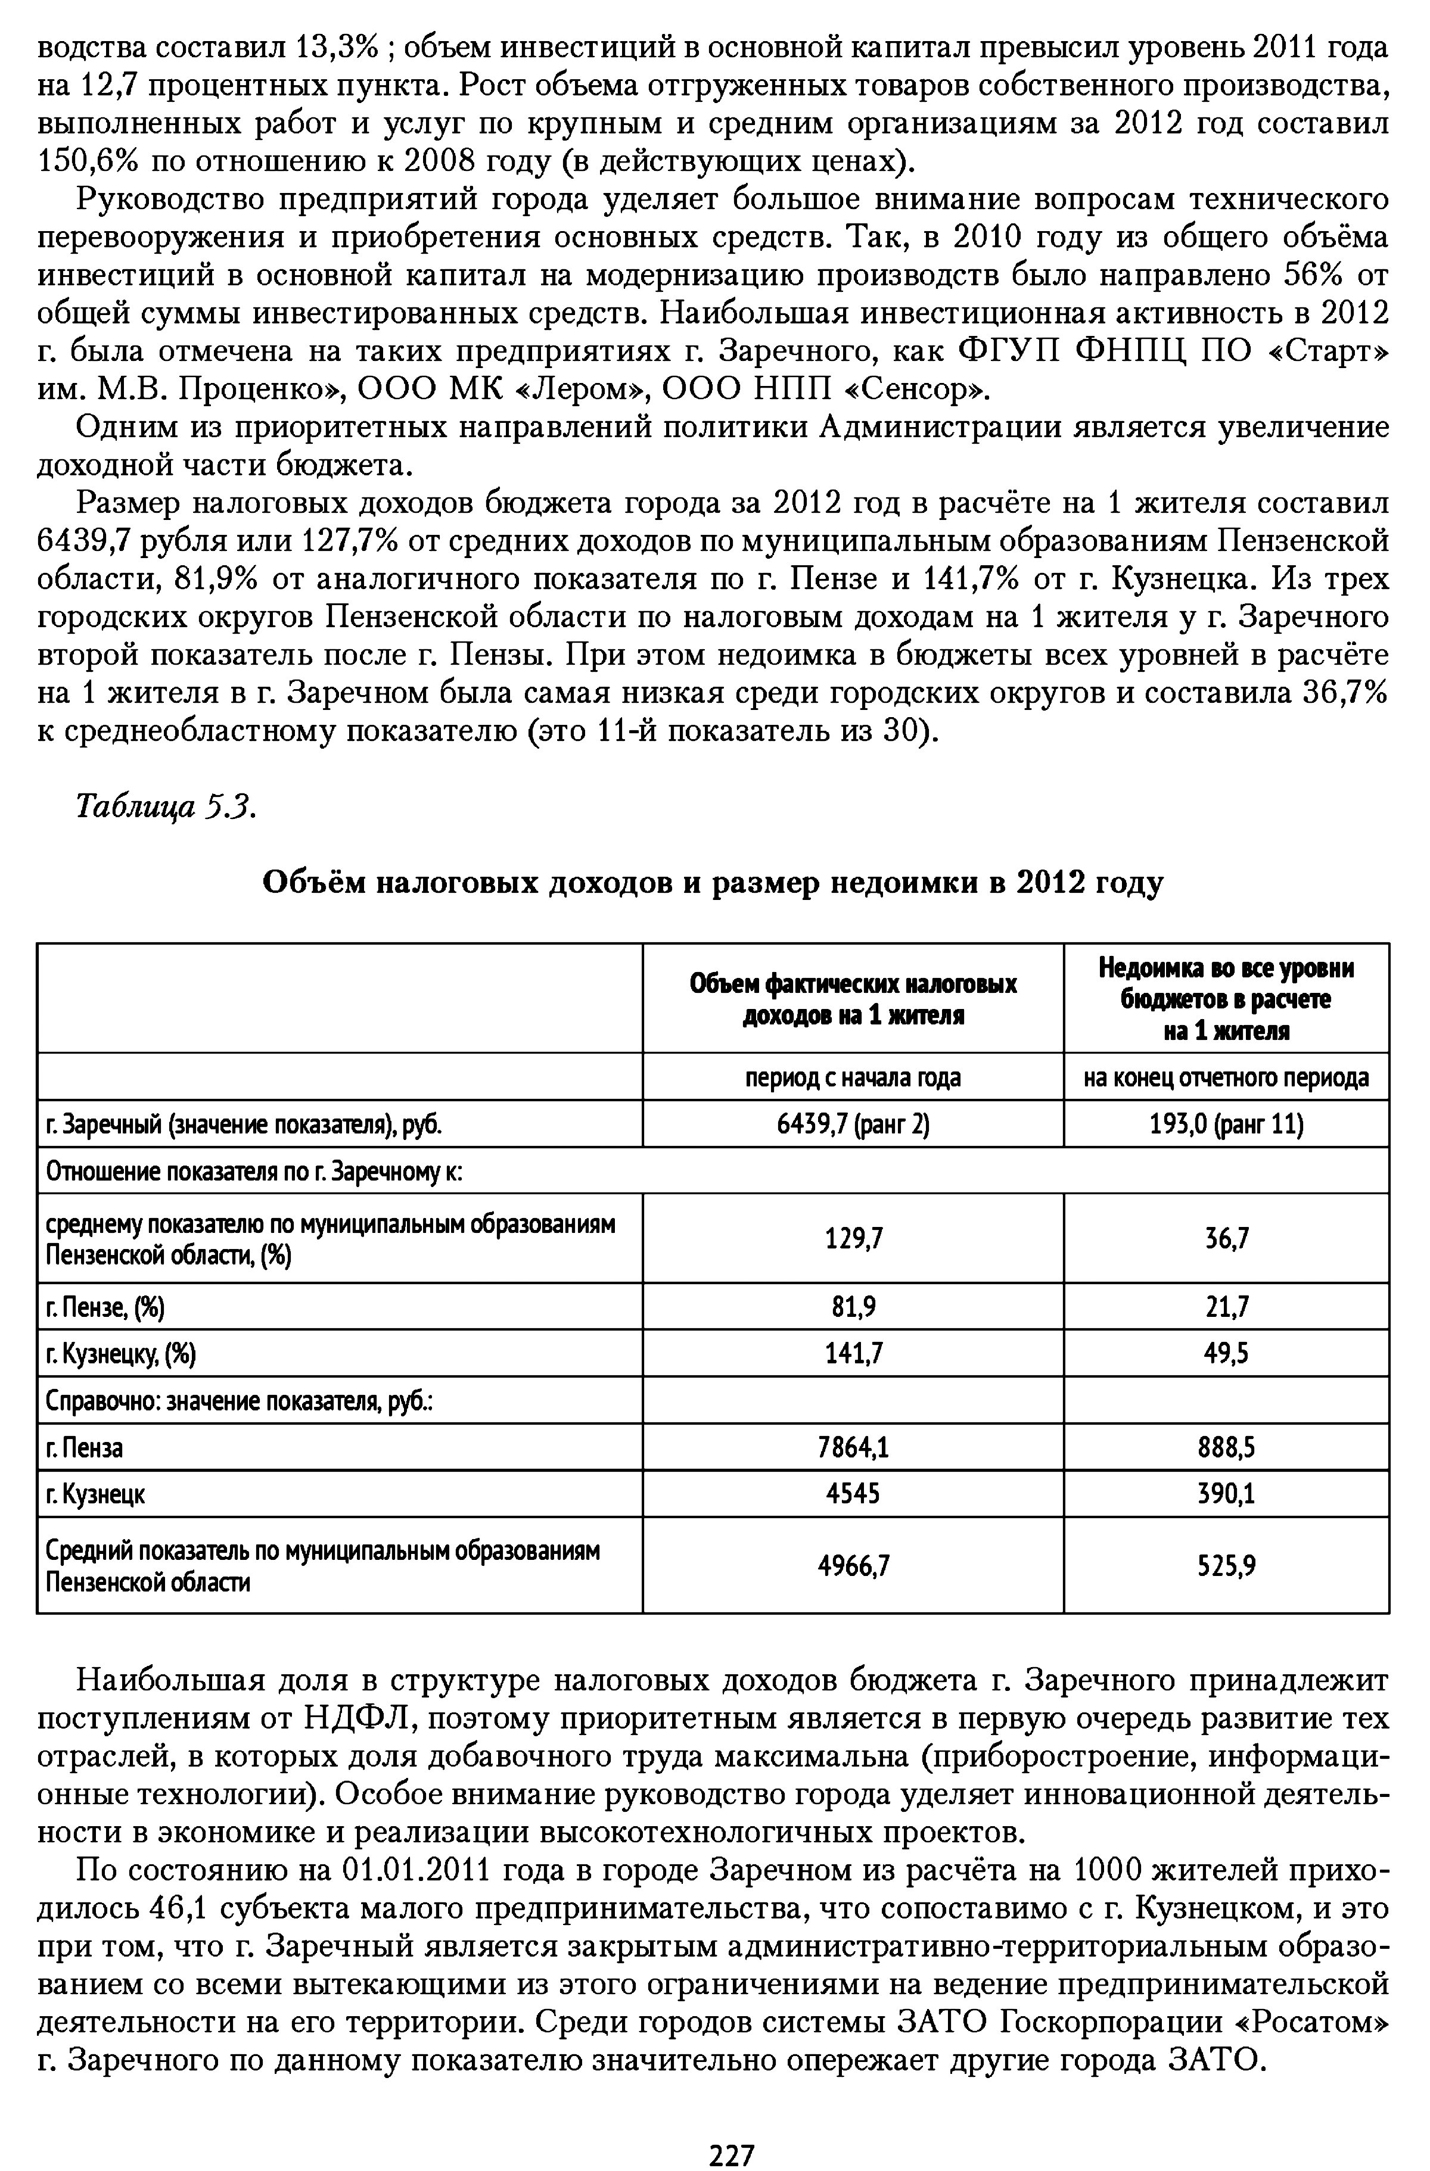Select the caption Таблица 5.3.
click(165, 807)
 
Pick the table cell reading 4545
click(853, 1493)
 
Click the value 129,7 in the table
click(853, 1238)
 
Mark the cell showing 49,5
click(1226, 1353)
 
